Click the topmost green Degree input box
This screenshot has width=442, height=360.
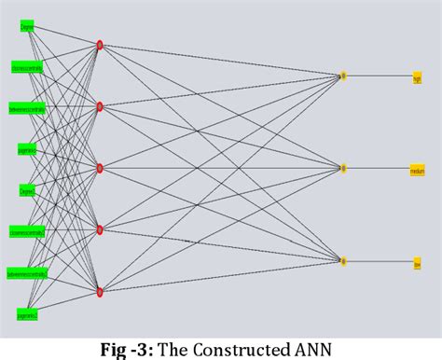coord(26,27)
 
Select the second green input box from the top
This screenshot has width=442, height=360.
coord(26,68)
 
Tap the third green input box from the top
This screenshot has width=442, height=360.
coord(26,108)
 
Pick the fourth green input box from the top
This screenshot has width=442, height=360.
coord(26,149)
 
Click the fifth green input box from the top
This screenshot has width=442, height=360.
coord(26,190)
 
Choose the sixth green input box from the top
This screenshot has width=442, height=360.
coord(26,231)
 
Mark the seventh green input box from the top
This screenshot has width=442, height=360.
coord(26,273)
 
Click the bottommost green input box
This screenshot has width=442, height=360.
coord(26,315)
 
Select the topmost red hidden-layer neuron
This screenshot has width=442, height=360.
coord(100,45)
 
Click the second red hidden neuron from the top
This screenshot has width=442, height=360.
coord(100,106)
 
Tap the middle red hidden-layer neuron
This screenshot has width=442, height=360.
coord(100,169)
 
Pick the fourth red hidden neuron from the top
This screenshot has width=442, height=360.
coord(100,230)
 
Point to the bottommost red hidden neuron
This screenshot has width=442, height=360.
coord(100,292)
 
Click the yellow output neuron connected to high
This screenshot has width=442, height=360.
coord(343,76)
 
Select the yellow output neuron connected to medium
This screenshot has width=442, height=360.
coord(343,169)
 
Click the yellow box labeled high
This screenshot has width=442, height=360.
coord(417,77)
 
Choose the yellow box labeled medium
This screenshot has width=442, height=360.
coord(417,170)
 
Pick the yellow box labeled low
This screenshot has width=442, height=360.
coord(417,263)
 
